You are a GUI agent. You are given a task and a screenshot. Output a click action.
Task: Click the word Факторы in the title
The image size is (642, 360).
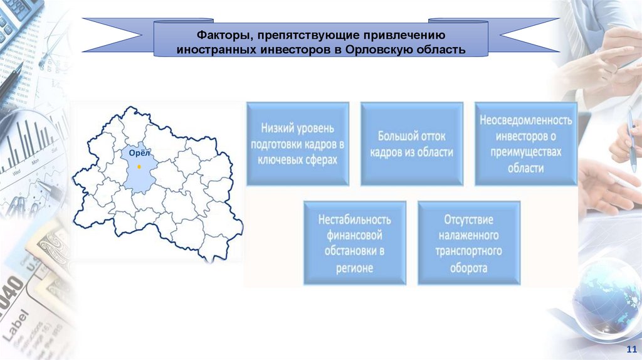217,35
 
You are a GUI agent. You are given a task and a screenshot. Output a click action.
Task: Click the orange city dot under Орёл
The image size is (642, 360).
139,167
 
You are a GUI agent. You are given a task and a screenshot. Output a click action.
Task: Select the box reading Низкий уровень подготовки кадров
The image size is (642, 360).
298,144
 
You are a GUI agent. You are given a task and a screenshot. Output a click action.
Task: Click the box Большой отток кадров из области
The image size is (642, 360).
411,144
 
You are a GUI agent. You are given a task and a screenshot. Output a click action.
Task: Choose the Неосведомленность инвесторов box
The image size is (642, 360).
525,144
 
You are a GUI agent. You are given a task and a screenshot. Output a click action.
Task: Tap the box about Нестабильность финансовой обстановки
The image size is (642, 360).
354,243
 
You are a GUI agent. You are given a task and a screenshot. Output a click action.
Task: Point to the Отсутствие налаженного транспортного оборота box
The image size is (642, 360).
468,243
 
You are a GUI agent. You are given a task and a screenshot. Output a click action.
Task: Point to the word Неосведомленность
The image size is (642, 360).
525,119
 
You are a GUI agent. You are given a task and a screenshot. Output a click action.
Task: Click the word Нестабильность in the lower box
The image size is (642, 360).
354,220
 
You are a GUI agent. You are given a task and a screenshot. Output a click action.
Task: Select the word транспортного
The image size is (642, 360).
468,251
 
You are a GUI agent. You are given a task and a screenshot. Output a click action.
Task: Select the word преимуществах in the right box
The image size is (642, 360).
525,152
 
